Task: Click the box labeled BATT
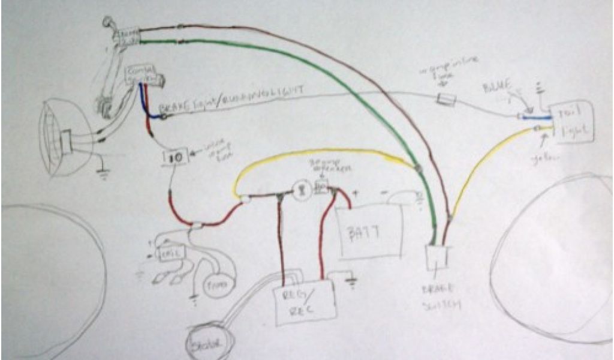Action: tap(368, 232)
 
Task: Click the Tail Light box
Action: tap(572, 123)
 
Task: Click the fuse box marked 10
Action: tap(177, 157)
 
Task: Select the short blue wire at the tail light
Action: tap(537, 118)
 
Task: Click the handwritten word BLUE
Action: tap(496, 90)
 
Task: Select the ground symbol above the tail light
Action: tap(541, 88)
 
